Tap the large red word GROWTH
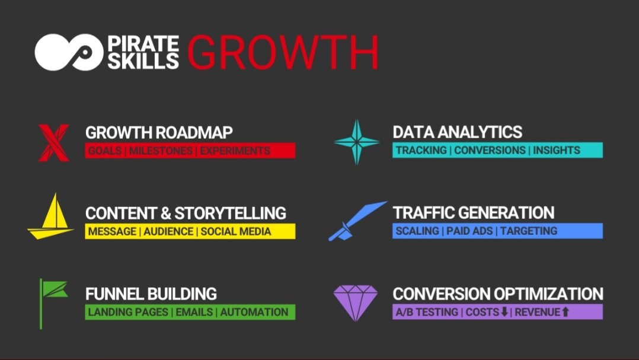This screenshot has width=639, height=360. pos(283,52)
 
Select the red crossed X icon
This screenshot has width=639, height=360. pos(54,142)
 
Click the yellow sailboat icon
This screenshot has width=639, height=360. pos(50,217)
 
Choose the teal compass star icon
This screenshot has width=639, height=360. pos(356,142)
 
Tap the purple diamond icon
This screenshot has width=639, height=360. pos(355,302)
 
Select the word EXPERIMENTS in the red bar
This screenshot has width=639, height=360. pos(235,151)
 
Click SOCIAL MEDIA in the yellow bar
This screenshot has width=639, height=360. pos(236,231)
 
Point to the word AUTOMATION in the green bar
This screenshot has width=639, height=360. pos(254,312)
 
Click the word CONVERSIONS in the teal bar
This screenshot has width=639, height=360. pos(490,150)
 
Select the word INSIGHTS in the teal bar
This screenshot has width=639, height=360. pos(557,150)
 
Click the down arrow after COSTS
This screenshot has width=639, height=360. pos(504,312)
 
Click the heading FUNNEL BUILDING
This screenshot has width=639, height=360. pos(151,294)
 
